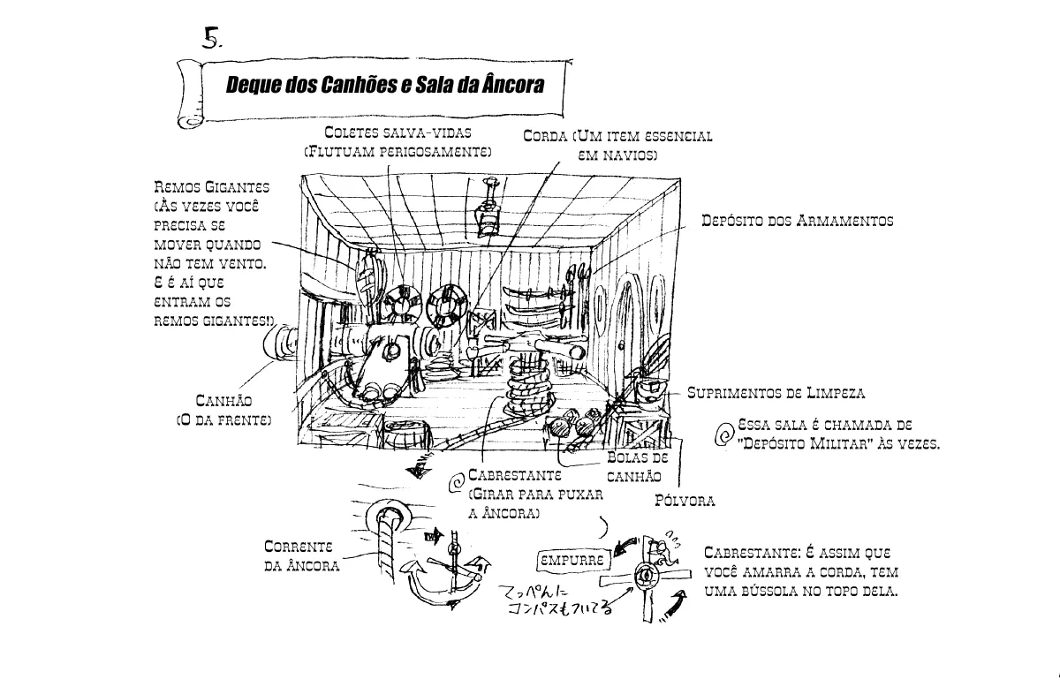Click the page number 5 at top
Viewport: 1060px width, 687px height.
pyautogui.click(x=211, y=37)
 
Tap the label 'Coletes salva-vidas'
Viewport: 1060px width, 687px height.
pyautogui.click(x=397, y=132)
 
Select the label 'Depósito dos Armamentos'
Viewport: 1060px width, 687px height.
pyautogui.click(x=797, y=221)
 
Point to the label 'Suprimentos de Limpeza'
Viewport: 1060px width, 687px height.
pyautogui.click(x=776, y=392)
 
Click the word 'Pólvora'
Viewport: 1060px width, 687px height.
pyautogui.click(x=685, y=502)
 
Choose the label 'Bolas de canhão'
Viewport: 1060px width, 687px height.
pyautogui.click(x=636, y=467)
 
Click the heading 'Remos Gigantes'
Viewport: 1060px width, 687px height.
pyautogui.click(x=212, y=187)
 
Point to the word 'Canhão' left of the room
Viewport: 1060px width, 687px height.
pyautogui.click(x=223, y=402)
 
